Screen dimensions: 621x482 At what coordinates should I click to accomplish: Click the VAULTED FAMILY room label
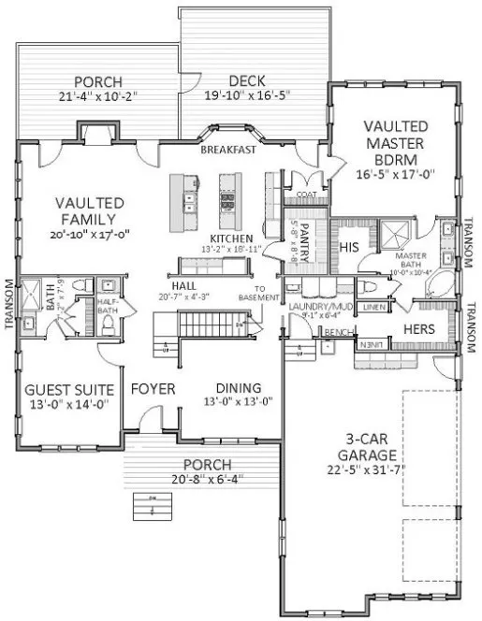point(90,211)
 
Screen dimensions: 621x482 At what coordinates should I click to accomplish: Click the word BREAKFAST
point(228,150)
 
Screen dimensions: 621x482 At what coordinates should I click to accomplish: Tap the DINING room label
point(238,389)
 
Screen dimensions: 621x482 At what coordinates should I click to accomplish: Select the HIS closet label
point(348,247)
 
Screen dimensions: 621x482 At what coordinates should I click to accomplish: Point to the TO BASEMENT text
point(267,293)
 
